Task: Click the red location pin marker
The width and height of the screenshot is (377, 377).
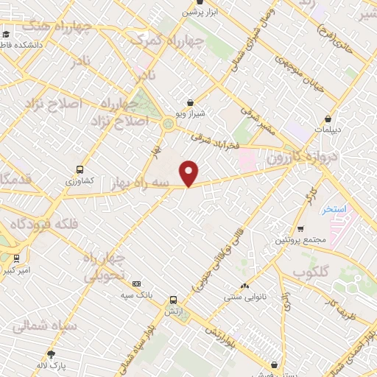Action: [x=189, y=172]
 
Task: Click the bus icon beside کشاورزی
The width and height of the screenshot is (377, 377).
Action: [x=80, y=169]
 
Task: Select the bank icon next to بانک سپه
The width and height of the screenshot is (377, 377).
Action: [x=136, y=283]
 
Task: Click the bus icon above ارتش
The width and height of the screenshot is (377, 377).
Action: [x=173, y=300]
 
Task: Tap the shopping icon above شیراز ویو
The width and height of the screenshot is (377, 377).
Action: [x=191, y=103]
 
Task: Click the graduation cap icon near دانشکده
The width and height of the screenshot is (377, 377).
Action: [x=6, y=33]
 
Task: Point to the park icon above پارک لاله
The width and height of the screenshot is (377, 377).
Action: [x=51, y=353]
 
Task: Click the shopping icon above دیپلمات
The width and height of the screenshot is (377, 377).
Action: [x=328, y=117]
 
